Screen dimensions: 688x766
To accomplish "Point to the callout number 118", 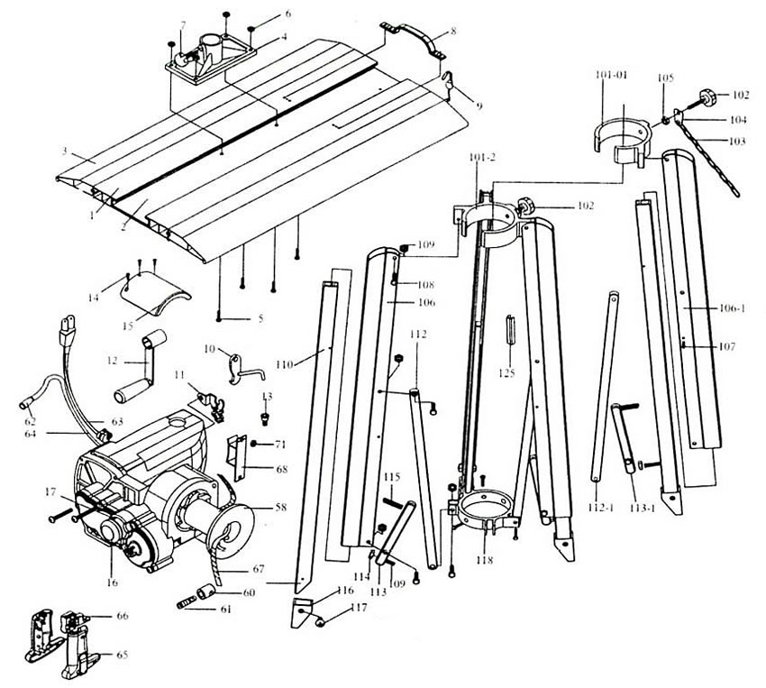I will tap(486, 559).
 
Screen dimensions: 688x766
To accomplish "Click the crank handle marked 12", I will tap(136, 365).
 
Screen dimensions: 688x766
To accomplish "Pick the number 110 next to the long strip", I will tap(286, 364).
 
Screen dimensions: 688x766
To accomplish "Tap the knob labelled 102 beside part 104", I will tap(708, 93).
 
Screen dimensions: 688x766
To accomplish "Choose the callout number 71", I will tap(279, 445).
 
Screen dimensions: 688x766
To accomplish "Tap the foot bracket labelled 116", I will tap(302, 611).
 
